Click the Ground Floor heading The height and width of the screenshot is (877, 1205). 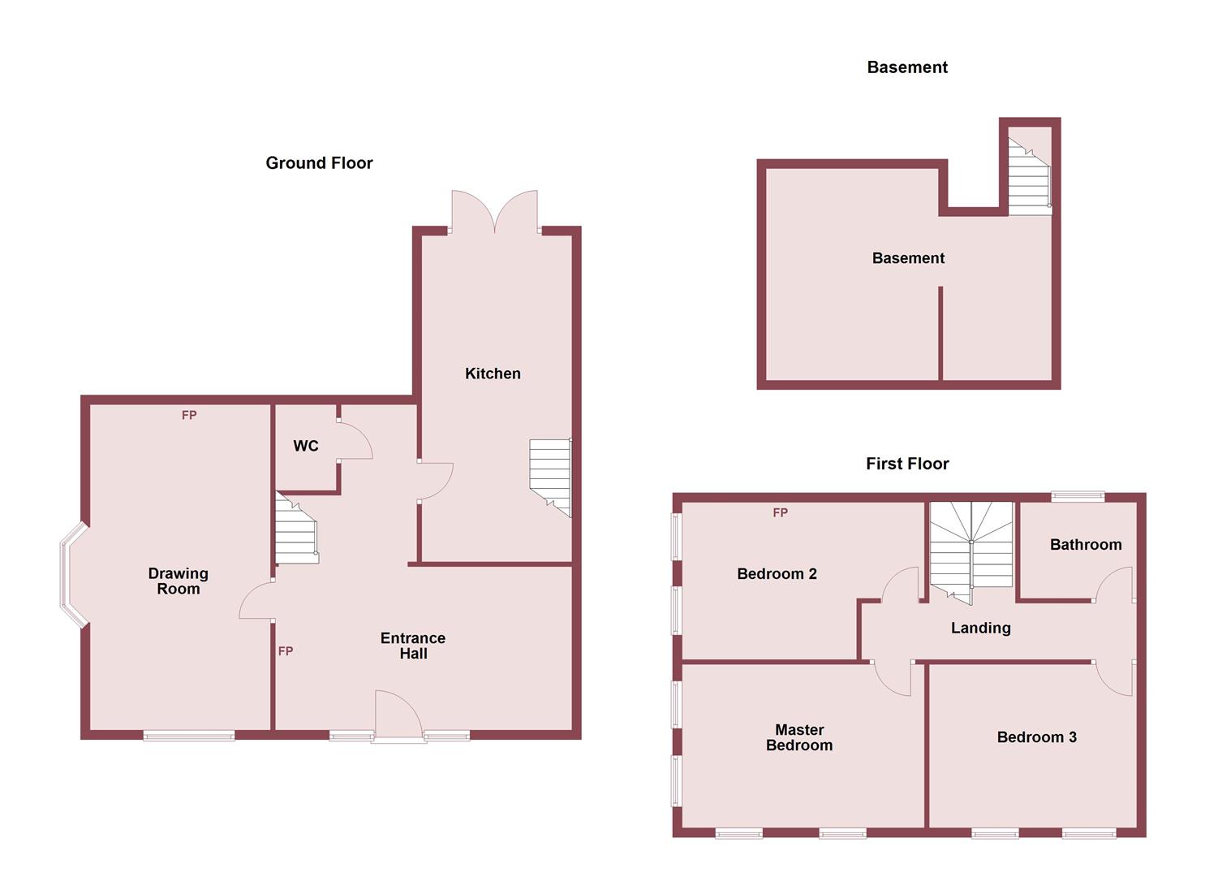[x=319, y=162]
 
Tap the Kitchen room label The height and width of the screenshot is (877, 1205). [x=493, y=374]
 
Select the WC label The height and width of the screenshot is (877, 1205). [x=306, y=446]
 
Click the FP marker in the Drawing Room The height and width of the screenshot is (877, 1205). [x=189, y=415]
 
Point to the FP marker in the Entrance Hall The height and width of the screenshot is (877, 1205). [x=286, y=651]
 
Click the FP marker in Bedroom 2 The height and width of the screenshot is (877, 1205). [x=780, y=512]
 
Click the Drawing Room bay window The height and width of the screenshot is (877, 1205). [x=71, y=575]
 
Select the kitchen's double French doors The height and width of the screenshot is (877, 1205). [x=495, y=213]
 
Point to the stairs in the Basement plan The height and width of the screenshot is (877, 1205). [x=1029, y=176]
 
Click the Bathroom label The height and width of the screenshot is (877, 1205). [x=1086, y=545]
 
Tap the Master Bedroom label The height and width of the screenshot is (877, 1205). [x=799, y=737]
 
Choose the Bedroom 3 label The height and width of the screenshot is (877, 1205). [x=1036, y=737]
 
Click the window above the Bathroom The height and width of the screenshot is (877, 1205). [x=1078, y=495]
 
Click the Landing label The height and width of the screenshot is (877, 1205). [x=980, y=628]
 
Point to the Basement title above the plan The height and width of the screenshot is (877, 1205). [x=907, y=67]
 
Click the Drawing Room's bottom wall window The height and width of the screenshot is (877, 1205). [x=189, y=736]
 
